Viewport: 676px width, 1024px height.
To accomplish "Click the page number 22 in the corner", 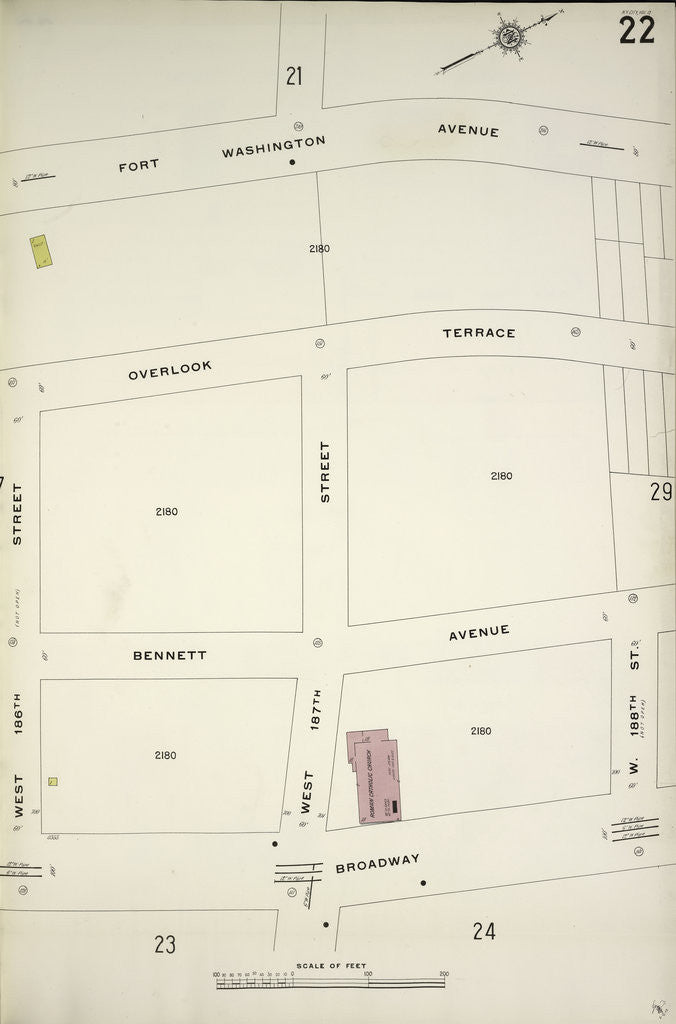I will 636,30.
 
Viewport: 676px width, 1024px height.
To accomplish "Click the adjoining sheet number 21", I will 294,75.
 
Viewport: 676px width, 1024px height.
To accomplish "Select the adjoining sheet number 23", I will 165,943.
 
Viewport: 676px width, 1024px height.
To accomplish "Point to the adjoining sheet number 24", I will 484,931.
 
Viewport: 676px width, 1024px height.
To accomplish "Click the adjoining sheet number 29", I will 660,491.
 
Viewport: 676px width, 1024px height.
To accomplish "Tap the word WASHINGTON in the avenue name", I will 273,147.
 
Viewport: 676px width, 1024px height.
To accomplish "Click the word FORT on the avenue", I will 138,165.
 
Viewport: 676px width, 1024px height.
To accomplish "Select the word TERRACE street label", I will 479,333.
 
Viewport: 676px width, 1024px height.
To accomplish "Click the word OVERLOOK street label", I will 170,370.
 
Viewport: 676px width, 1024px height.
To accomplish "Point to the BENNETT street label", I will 170,656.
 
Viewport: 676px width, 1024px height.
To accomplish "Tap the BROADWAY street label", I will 377,863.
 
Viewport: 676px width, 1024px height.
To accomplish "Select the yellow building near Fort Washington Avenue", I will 40,251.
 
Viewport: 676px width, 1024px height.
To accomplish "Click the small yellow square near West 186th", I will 53,781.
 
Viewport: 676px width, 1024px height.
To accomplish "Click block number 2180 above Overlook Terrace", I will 319,248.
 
